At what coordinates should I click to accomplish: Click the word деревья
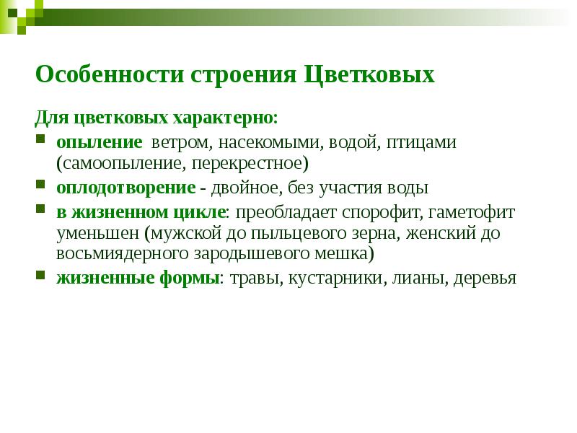pyautogui.click(x=485, y=278)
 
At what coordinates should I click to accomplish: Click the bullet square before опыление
pyautogui.click(x=41, y=139)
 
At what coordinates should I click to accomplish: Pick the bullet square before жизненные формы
pyautogui.click(x=41, y=276)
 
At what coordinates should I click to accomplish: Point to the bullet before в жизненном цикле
pyautogui.click(x=41, y=209)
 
